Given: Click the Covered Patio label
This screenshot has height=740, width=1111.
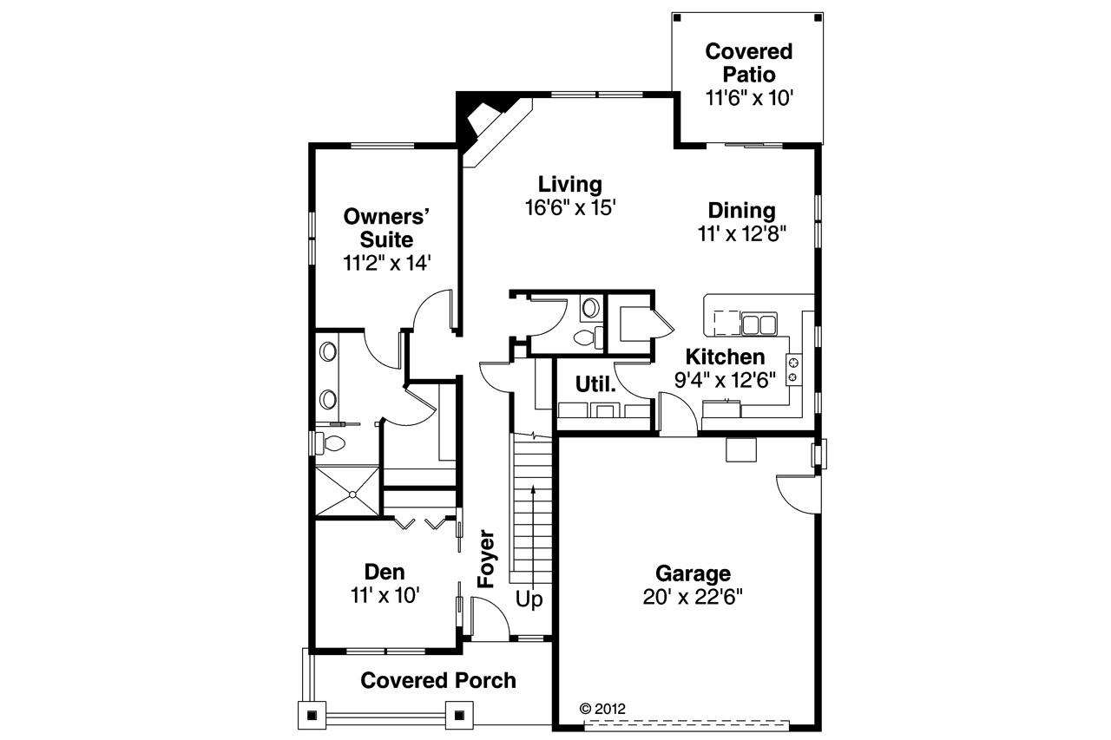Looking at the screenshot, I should pyautogui.click(x=748, y=63).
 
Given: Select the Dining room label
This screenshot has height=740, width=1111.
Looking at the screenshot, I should pyautogui.click(x=741, y=211).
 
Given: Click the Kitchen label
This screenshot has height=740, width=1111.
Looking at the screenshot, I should pyautogui.click(x=726, y=357).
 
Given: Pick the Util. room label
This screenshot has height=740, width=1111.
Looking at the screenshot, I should pyautogui.click(x=596, y=384).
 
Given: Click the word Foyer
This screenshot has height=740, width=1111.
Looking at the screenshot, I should pyautogui.click(x=485, y=560).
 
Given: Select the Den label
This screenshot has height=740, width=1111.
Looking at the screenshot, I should pyautogui.click(x=385, y=572).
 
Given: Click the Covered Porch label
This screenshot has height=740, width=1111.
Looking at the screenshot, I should pyautogui.click(x=438, y=680).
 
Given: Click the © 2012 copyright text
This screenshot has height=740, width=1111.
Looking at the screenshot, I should pyautogui.click(x=602, y=707).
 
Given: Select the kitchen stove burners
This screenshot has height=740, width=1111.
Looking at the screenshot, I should pyautogui.click(x=792, y=369).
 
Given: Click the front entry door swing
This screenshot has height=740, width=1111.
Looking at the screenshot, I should pyautogui.click(x=489, y=618).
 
